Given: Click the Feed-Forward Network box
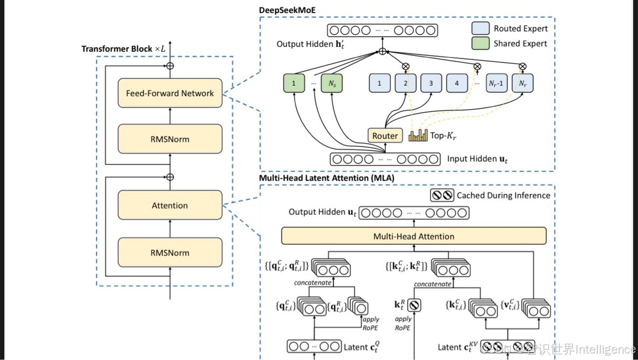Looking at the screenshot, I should pos(170,93).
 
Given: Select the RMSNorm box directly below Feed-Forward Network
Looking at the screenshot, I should pos(170,139).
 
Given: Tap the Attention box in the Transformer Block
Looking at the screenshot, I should pos(170,205).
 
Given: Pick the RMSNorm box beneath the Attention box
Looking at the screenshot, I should pos(170,252).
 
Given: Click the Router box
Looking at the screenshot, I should pos(385,136).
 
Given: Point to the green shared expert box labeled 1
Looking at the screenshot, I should pos(294,83).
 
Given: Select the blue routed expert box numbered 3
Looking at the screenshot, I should pos(431,83).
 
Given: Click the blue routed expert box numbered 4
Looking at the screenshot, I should pos(457,83).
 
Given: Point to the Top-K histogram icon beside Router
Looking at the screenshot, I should pos(418,135).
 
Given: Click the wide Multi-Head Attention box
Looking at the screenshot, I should pos(414,236).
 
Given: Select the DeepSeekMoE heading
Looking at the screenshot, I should pos(287,10).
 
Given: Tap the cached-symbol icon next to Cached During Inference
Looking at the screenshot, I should pos(442,195).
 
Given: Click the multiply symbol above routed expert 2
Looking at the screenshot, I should pos(405,66).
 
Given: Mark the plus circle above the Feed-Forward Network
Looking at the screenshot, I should pos(170,66).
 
